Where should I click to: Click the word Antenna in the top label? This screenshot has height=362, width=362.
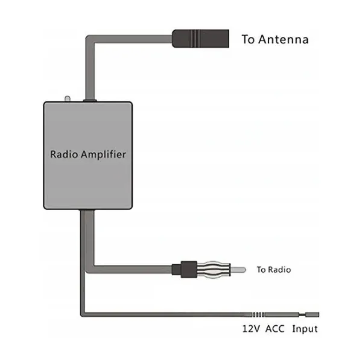tap(284, 39)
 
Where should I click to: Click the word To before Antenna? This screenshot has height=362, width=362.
tap(248, 39)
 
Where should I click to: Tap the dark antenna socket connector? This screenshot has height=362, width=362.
tap(200, 39)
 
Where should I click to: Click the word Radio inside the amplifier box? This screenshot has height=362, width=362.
tap(64, 154)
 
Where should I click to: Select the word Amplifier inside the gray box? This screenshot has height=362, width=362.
tap(103, 154)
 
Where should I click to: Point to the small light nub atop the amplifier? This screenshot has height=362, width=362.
tap(67, 99)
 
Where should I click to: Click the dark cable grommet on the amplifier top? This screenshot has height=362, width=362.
tap(90, 100)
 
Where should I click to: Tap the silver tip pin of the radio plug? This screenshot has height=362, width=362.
tap(238, 270)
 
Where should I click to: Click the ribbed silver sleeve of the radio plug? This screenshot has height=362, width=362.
tap(214, 270)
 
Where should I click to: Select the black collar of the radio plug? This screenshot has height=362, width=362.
tap(189, 270)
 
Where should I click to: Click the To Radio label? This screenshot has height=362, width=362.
tap(273, 270)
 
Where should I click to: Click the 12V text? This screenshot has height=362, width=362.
tap(251, 329)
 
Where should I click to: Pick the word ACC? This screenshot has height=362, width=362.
tap(275, 329)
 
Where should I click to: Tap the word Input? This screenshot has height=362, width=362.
tap(305, 329)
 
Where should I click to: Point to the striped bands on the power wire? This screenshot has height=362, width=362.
tap(258, 314)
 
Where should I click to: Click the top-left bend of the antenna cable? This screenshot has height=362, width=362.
tap(90, 40)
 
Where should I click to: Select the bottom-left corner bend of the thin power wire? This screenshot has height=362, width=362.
tap(83, 314)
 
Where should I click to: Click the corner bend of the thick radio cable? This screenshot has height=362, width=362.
tap(90, 269)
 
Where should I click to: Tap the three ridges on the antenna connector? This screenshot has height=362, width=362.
tap(195, 39)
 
